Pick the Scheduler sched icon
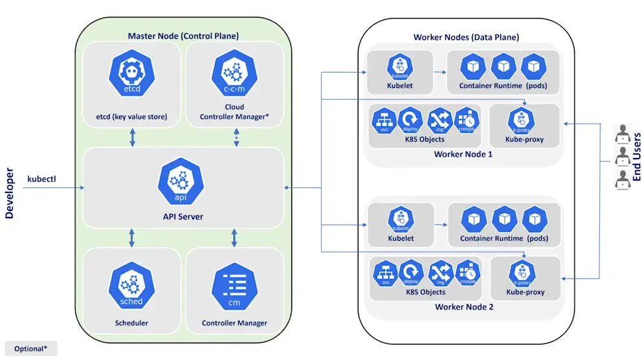(x=131, y=287)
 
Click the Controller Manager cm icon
(x=234, y=287)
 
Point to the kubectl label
(x=42, y=178)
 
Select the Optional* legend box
(x=31, y=348)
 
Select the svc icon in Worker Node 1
(x=384, y=120)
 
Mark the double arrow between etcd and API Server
(x=132, y=137)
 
